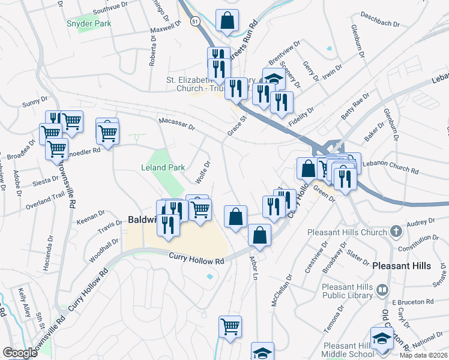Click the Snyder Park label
[89, 23]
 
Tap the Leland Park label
[163, 168]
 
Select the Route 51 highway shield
[195, 20]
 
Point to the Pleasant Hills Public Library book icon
[382, 291]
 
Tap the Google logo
[20, 353]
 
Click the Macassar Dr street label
[176, 124]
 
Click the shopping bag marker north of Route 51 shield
[227, 20]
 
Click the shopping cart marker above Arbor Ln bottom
[230, 326]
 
